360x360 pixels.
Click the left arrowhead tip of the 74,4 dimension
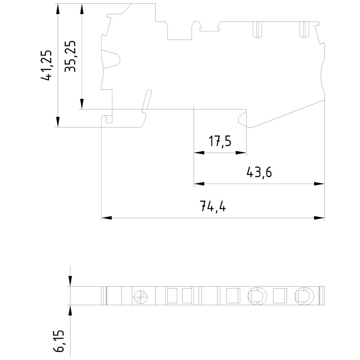[102, 218]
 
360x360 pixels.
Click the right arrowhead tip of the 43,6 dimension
[324, 184]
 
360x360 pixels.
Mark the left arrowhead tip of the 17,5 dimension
[194, 153]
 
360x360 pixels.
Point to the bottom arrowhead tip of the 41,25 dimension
[58, 127]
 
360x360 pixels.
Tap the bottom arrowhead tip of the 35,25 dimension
[82, 109]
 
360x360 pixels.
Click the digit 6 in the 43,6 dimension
[268, 172]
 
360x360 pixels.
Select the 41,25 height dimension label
[46, 65]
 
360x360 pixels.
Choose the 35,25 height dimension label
[70, 57]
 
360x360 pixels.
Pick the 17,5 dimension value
[220, 141]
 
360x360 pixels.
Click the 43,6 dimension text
[259, 172]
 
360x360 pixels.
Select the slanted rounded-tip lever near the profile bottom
[147, 99]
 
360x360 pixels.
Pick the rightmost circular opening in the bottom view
[304, 296]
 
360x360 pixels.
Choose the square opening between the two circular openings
[280, 296]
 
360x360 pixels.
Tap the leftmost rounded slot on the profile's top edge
[258, 30]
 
